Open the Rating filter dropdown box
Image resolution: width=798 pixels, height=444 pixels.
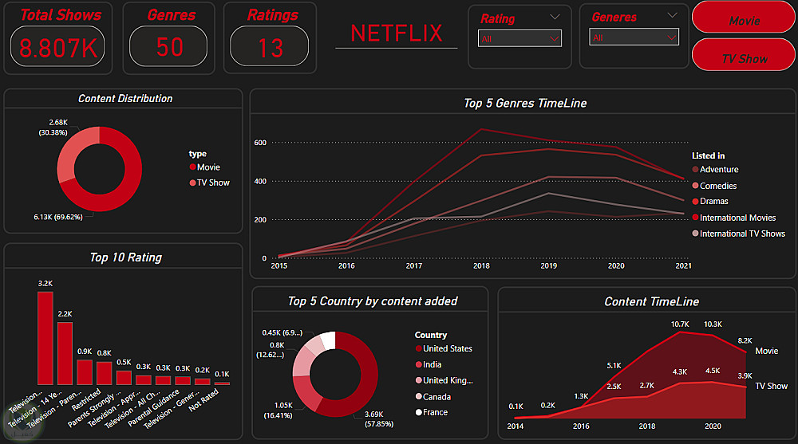click(x=519, y=38)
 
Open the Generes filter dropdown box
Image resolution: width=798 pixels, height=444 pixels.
click(x=634, y=37)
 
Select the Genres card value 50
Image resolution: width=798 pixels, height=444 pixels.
click(x=169, y=47)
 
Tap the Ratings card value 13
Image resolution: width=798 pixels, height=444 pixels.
click(x=270, y=47)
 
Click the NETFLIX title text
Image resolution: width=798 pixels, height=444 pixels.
click(x=396, y=33)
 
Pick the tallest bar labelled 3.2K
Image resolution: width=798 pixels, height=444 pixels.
click(x=45, y=338)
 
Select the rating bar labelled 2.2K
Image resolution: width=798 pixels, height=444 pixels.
click(x=65, y=353)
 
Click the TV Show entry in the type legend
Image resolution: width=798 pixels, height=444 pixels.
click(x=213, y=183)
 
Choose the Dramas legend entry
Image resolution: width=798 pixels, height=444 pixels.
click(x=713, y=202)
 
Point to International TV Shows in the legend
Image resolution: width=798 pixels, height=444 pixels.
click(x=742, y=234)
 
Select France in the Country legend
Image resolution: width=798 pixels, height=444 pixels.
click(x=435, y=412)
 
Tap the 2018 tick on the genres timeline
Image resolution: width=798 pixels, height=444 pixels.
click(x=481, y=265)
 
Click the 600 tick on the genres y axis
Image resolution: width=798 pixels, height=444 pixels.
click(x=259, y=143)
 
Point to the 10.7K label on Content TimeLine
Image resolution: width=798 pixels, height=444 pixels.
click(x=680, y=324)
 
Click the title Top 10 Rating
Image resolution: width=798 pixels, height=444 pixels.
click(x=125, y=257)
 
